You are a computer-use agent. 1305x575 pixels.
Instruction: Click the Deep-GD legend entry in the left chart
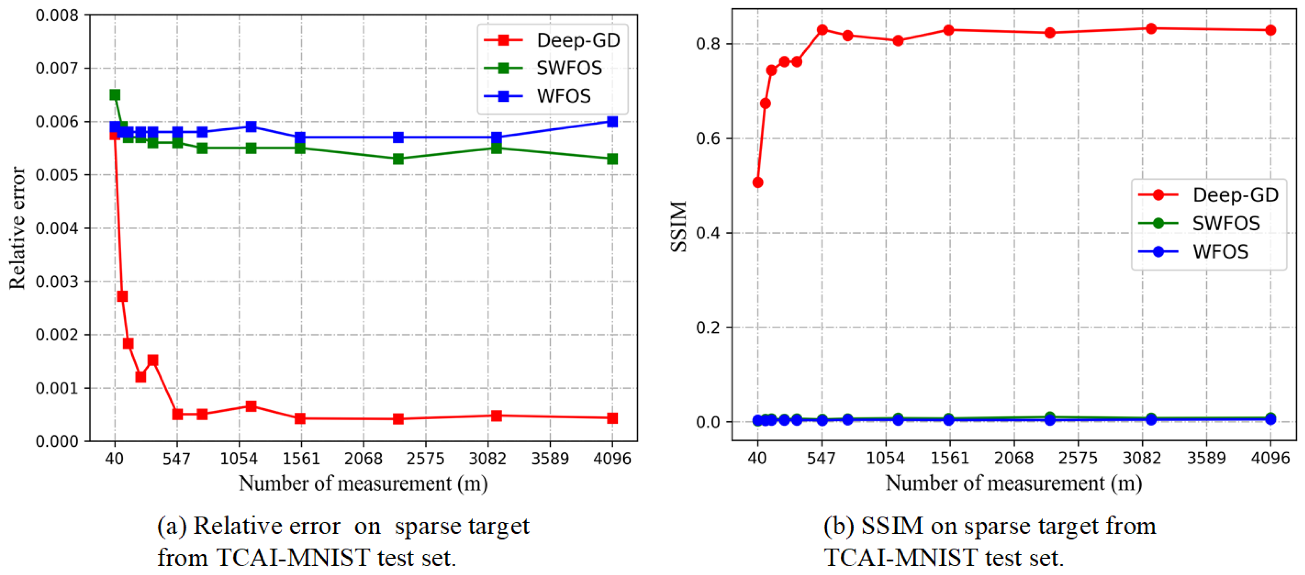577,41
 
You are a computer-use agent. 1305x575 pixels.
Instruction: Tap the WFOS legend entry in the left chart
563,96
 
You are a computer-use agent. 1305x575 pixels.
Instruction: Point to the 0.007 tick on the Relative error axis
57,68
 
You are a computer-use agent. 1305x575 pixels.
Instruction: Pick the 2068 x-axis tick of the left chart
363,459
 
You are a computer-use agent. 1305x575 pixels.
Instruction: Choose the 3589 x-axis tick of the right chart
1206,459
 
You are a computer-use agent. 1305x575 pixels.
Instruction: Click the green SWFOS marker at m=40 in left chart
115,95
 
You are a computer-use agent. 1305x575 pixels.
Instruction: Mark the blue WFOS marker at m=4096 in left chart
612,122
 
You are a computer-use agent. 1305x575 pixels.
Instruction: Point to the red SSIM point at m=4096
1271,30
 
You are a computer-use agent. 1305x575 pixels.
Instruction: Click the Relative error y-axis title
17,228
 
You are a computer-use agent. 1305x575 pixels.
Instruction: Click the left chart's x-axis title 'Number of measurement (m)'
363,484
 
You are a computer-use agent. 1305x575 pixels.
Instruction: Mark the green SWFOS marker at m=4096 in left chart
612,159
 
